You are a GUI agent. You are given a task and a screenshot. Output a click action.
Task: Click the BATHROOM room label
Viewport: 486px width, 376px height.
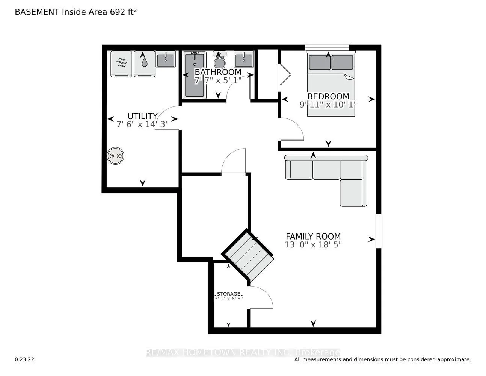point(218,72)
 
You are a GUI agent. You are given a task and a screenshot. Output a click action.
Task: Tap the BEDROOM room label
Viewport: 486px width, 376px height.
point(328,96)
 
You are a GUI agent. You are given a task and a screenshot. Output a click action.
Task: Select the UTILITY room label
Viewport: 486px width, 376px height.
point(142,116)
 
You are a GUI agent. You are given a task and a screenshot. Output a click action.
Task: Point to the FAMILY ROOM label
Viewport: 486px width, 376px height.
point(313,237)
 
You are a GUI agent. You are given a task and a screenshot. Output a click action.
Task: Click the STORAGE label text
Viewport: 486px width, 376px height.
point(228,294)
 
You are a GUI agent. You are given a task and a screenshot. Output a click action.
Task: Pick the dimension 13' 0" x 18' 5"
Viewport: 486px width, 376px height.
point(313,245)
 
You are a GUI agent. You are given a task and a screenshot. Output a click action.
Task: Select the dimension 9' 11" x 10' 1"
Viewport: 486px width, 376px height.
point(328,105)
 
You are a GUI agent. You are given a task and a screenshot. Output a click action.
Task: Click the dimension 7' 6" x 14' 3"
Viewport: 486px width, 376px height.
point(142,124)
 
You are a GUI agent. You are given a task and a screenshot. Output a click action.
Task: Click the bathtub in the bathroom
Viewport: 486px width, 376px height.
point(194,75)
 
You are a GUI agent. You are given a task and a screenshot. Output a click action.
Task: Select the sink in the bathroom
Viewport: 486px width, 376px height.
point(243,59)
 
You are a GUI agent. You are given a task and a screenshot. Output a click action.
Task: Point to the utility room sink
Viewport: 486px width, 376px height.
point(166,59)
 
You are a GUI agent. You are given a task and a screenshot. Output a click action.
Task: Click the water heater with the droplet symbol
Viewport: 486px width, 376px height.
point(145,64)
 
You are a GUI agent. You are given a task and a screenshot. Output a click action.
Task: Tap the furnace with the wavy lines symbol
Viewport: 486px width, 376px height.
point(121,64)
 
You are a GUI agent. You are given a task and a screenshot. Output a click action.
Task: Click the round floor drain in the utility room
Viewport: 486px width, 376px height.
point(115,156)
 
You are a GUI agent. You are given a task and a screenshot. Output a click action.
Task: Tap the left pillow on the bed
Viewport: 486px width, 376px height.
point(320,62)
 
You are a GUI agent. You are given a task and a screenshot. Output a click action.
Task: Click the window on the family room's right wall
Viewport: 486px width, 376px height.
point(379,231)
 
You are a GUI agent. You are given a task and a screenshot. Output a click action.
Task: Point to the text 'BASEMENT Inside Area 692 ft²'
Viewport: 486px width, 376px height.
point(75,12)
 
